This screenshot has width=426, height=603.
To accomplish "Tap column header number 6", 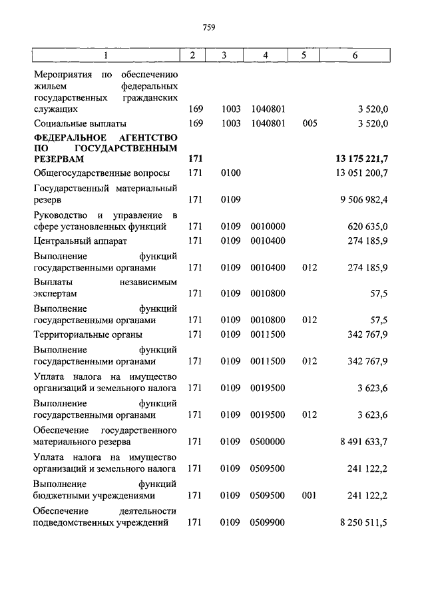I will click(355, 55).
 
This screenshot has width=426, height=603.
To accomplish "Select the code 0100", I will click(230, 173).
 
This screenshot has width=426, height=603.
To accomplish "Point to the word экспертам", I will click(55, 293).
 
